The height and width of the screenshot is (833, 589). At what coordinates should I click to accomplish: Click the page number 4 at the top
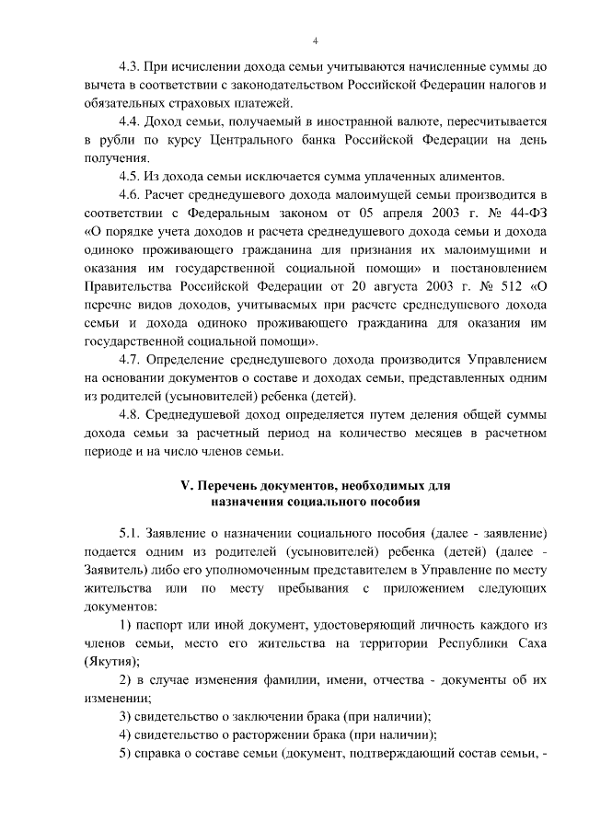click(315, 40)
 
